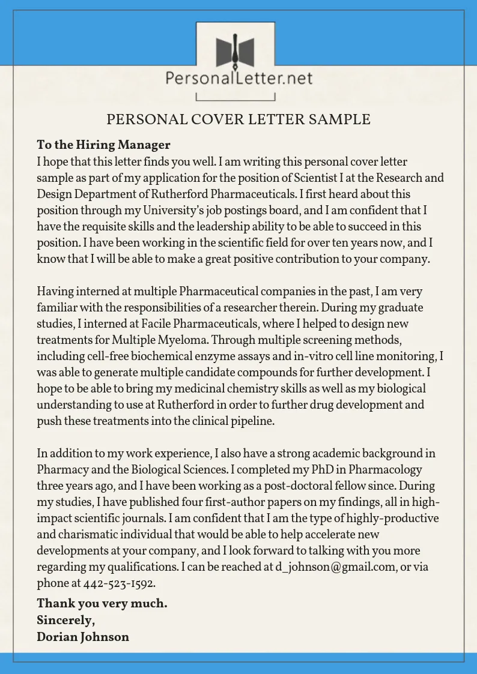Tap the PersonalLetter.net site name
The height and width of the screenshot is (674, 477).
(x=239, y=77)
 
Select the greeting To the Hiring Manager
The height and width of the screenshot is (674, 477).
(x=103, y=145)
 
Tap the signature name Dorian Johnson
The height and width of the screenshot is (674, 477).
(x=83, y=637)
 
